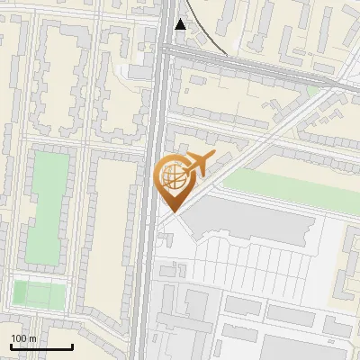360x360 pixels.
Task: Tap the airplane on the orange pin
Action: [195, 165]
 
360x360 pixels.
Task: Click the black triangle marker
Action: [182, 25]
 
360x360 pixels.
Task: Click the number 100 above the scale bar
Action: [18, 338]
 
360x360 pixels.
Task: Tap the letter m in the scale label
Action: [32, 338]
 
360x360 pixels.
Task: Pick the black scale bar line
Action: [41, 346]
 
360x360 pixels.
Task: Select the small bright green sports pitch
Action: [40, 292]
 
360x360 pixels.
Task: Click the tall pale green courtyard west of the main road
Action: [46, 207]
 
